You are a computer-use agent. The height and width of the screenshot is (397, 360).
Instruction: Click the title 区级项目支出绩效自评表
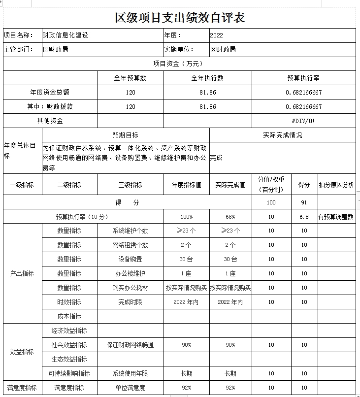[180, 18]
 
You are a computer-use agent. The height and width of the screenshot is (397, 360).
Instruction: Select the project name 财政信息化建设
[65, 35]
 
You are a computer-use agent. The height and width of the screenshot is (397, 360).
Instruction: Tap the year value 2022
[216, 35]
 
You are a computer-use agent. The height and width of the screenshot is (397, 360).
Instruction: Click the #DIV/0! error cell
[303, 121]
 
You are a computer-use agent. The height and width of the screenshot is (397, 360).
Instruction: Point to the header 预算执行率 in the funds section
[303, 78]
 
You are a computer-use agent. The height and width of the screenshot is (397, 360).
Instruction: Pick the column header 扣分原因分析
[336, 185]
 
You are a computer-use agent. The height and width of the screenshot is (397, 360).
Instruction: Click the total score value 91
[304, 202]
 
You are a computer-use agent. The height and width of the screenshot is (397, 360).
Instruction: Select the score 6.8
[304, 217]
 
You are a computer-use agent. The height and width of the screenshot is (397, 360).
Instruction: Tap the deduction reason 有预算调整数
[336, 217]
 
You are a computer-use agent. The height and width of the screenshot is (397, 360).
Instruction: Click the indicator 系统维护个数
[130, 231]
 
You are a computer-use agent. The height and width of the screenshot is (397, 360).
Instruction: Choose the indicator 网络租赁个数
[130, 245]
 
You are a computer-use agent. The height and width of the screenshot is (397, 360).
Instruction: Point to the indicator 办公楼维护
[130, 273]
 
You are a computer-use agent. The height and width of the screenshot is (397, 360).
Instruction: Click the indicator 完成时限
[130, 302]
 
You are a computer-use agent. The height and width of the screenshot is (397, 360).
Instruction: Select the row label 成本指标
[69, 316]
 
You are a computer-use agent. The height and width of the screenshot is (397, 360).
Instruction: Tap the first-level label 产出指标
[22, 273]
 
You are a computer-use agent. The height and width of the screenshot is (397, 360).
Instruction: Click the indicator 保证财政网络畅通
[130, 345]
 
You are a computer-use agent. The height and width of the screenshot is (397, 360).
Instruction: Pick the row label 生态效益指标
[69, 359]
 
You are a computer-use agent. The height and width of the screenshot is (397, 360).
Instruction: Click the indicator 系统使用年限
[130, 373]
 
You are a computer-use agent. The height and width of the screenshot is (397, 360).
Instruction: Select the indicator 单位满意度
[130, 388]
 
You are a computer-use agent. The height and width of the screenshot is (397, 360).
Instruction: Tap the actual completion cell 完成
[217, 158]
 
